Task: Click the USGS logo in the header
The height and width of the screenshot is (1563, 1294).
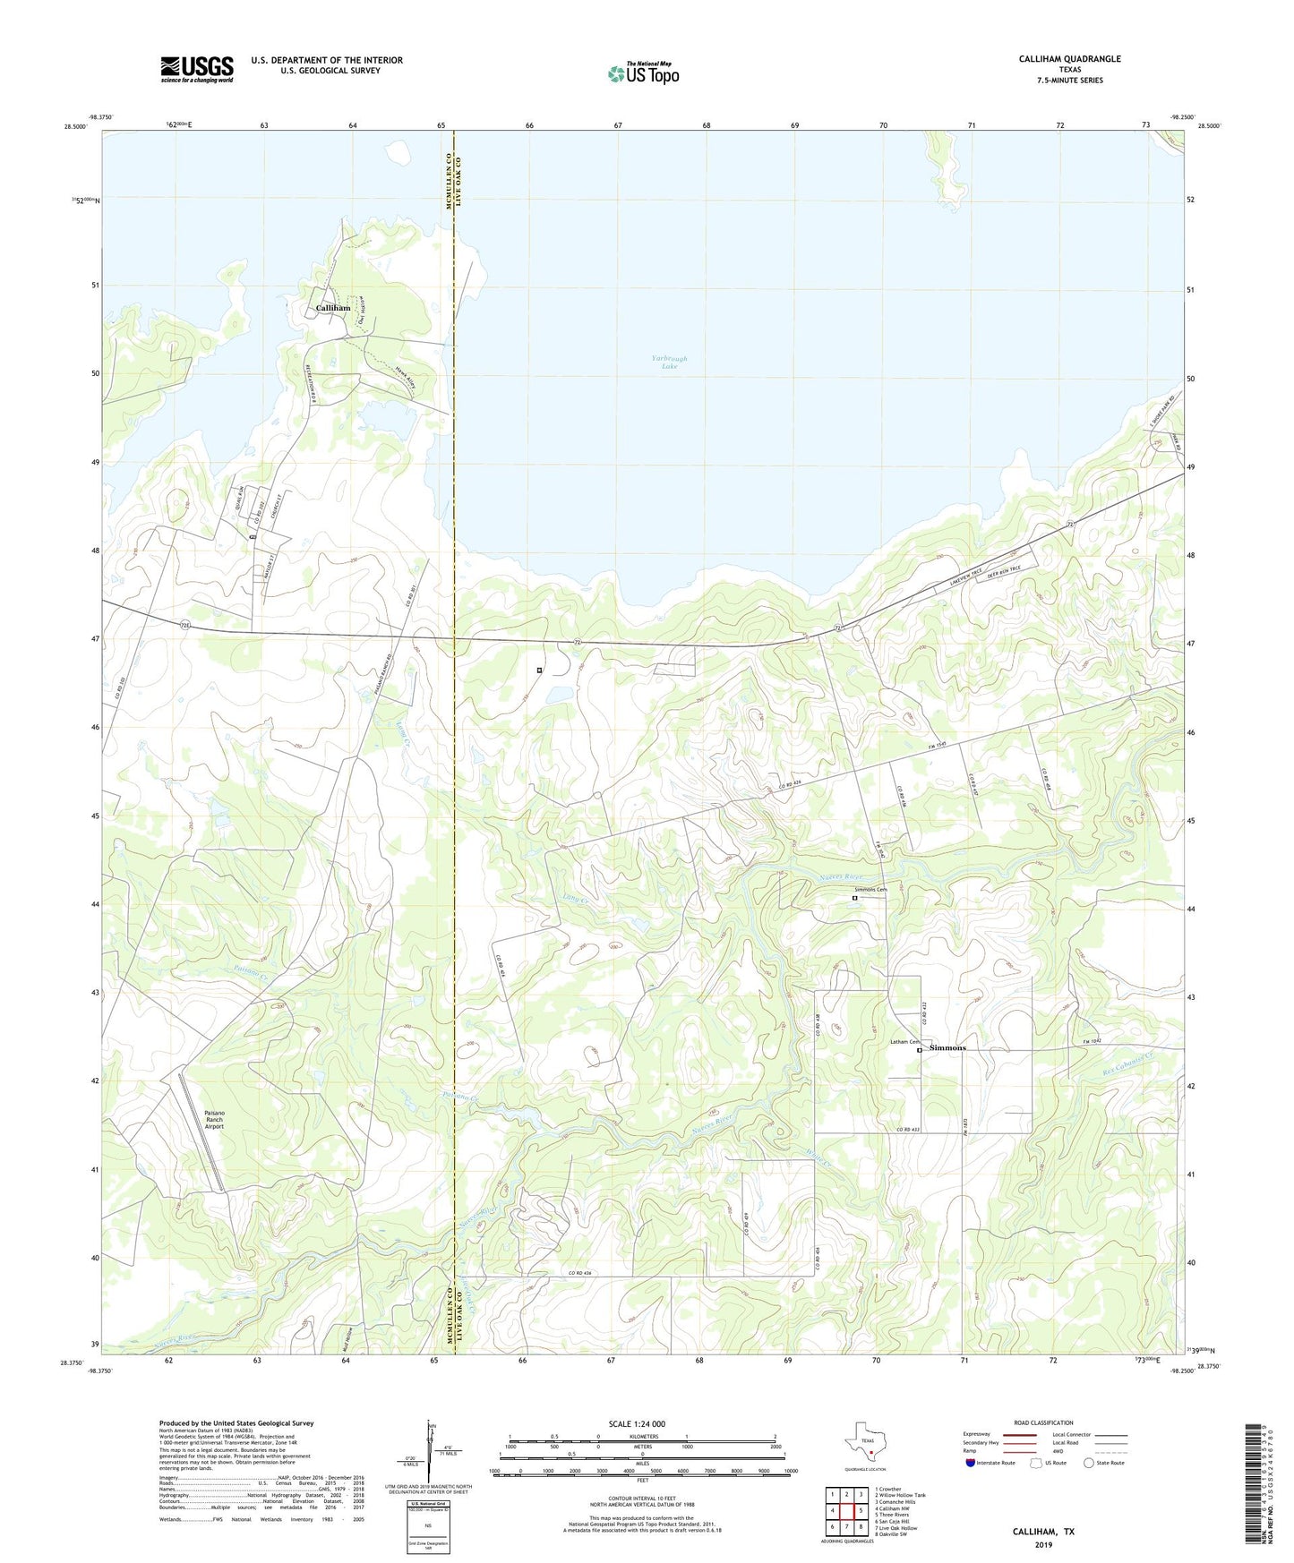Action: pos(197,68)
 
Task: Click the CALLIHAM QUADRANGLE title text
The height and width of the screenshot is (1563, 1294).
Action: pos(1069,59)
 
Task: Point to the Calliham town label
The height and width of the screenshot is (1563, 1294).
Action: pos(333,308)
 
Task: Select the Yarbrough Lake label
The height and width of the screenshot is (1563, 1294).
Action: pos(670,362)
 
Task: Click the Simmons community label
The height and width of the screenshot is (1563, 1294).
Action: pos(947,1047)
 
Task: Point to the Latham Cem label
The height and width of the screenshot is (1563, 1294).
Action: pos(904,1042)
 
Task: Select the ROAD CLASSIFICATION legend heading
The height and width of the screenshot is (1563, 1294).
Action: pos(1043,1422)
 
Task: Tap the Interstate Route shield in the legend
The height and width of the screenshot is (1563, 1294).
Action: pos(972,1463)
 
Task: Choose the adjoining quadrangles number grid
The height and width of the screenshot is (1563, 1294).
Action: pos(846,1512)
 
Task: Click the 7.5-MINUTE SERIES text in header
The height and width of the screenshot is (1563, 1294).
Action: pos(1069,81)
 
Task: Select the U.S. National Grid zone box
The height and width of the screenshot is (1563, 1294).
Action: pos(427,1516)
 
